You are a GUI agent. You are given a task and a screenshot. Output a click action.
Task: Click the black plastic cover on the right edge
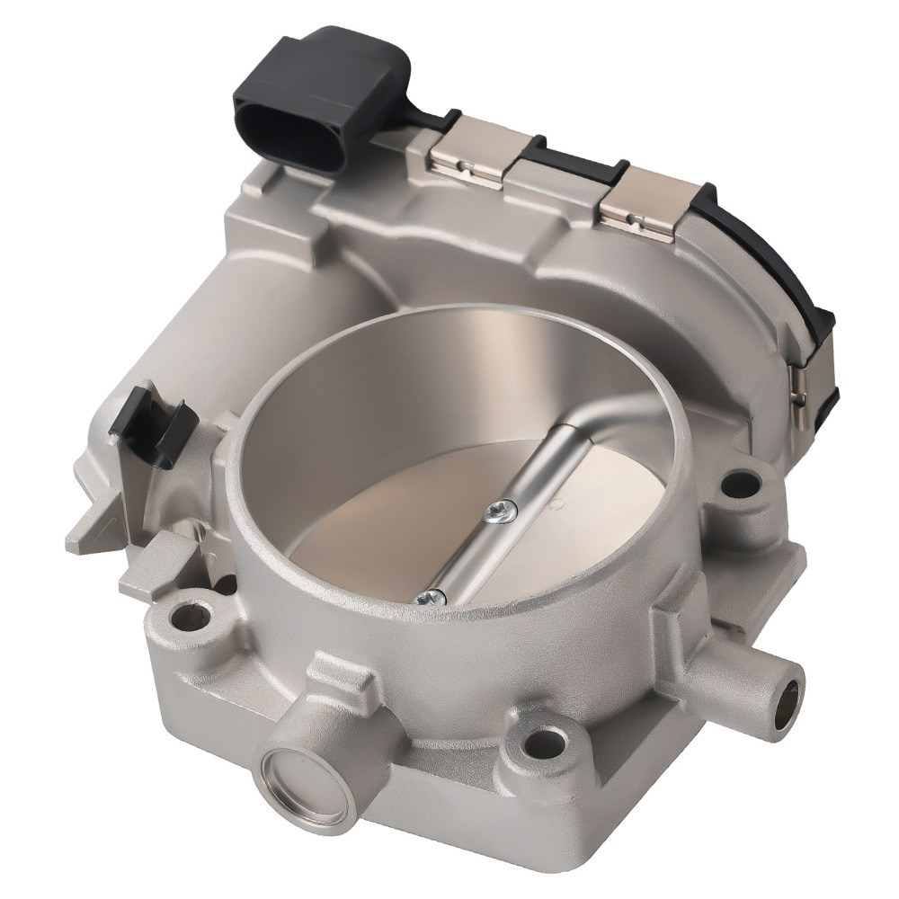click(x=791, y=288)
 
